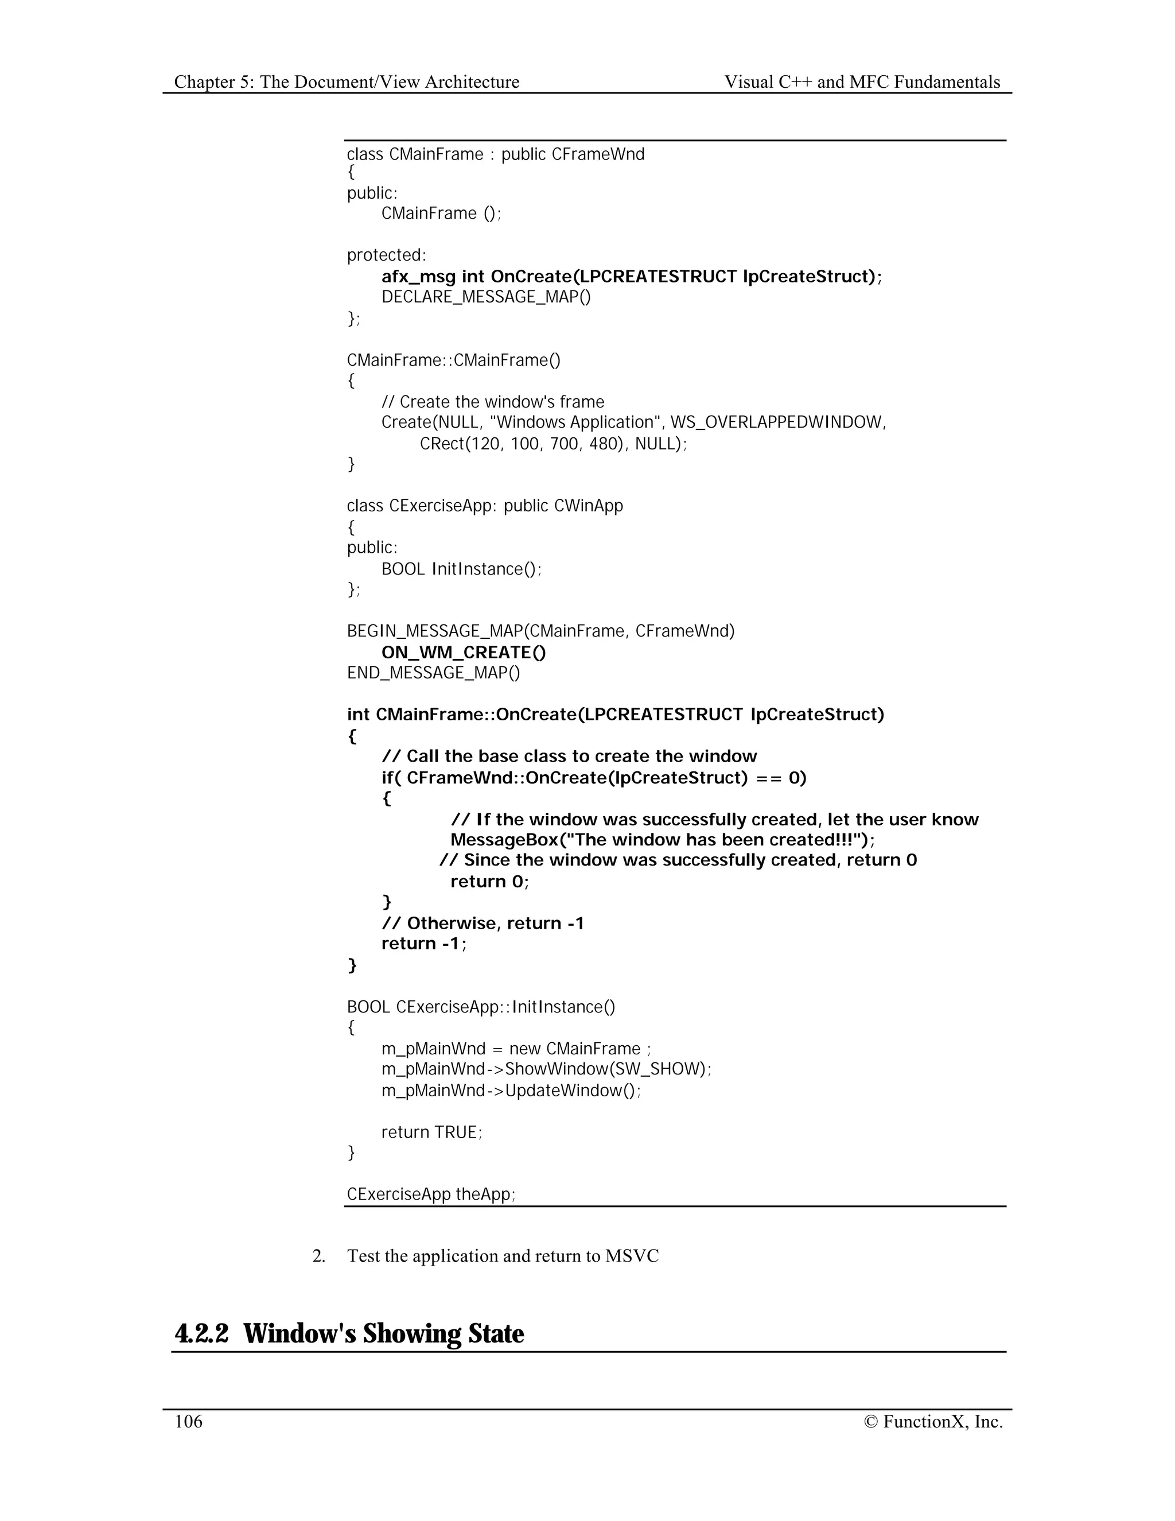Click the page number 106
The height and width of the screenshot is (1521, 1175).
coord(188,1421)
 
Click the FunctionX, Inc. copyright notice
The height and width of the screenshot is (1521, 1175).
coord(933,1421)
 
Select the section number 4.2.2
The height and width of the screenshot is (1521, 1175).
coord(201,1334)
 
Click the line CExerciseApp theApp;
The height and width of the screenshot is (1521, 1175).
coord(431,1194)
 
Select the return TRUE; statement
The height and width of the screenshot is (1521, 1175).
coord(431,1132)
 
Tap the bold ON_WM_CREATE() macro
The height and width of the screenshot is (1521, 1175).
coord(464,653)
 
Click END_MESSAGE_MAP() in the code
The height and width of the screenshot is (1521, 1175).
coord(433,673)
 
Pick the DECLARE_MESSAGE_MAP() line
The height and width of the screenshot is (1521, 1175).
coord(486,297)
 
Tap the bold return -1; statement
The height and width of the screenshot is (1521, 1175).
coord(424,944)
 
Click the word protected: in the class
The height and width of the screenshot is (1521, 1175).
coord(386,255)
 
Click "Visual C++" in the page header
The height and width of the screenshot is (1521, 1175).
coord(768,82)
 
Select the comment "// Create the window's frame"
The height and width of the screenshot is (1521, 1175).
coord(493,402)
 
